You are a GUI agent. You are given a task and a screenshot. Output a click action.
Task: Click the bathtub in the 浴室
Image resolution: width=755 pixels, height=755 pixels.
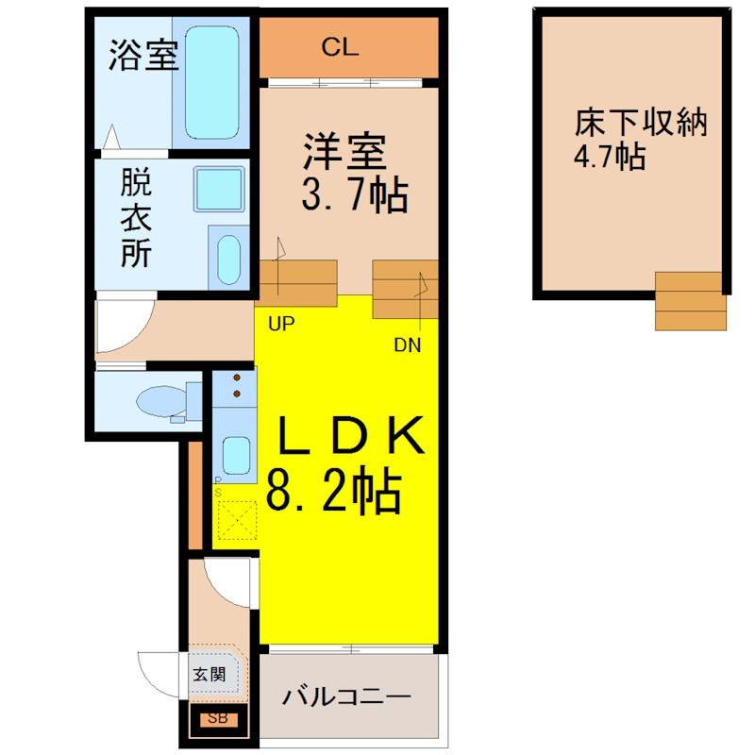click(x=211, y=82)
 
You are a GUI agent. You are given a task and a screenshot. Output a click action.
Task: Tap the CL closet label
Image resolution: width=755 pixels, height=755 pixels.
click(x=340, y=47)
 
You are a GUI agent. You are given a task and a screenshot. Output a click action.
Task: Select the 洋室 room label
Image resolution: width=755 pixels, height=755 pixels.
click(x=344, y=151)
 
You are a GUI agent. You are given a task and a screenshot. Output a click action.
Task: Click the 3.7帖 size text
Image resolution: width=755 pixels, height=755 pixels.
click(x=355, y=195)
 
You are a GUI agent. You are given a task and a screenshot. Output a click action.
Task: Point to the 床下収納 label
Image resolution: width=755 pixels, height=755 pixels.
click(x=641, y=123)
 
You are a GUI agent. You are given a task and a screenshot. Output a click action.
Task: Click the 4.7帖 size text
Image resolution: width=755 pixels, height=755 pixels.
click(x=609, y=156)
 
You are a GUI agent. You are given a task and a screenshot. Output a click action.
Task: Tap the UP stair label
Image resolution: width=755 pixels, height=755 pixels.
click(x=281, y=324)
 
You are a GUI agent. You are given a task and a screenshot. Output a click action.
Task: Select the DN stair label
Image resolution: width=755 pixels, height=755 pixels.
click(x=408, y=345)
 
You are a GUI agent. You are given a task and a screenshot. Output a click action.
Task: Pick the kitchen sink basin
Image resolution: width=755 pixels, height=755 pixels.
click(x=236, y=456)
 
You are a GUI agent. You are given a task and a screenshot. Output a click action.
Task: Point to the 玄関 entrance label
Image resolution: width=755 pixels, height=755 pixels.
click(x=209, y=674)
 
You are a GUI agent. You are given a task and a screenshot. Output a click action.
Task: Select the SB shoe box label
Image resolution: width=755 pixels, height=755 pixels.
click(x=218, y=718)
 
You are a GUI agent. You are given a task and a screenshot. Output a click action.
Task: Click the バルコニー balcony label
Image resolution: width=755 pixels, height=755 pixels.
click(x=346, y=696)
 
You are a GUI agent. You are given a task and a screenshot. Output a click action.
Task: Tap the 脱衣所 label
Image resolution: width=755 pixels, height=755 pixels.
click(x=136, y=218)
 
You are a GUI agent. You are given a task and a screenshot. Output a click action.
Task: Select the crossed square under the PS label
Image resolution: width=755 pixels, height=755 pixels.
click(x=238, y=520)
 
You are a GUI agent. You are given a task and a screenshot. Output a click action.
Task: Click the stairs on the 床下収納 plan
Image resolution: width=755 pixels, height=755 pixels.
click(x=691, y=301)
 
